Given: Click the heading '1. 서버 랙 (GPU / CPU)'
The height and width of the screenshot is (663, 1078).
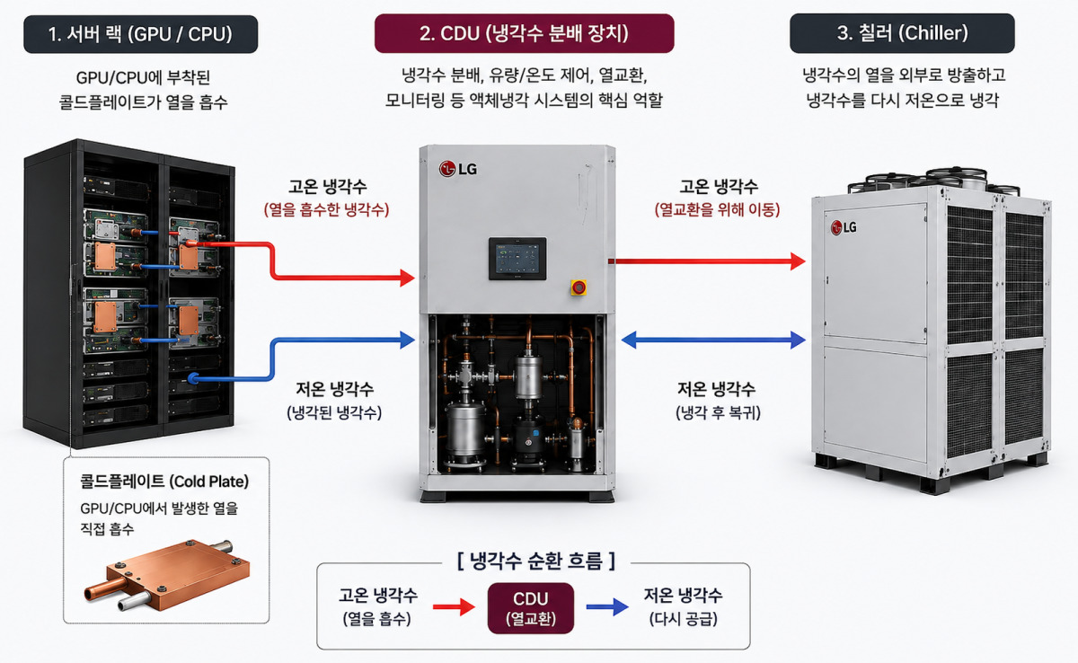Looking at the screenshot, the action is [140, 34].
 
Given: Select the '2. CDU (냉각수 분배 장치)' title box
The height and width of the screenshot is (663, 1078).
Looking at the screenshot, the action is [524, 33].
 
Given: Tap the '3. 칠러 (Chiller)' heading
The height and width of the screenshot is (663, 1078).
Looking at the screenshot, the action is [902, 33].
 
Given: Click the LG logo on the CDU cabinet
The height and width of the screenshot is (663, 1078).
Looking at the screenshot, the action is [457, 169].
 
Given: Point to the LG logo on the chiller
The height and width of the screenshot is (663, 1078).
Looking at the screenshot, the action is [844, 227].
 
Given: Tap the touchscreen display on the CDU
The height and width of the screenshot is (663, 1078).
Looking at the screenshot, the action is [517, 259].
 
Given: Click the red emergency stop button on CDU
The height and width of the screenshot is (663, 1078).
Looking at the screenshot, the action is [579, 287].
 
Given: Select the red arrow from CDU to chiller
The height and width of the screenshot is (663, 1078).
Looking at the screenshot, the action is [707, 261].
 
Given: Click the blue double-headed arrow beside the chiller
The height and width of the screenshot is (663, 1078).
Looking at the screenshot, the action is [713, 340].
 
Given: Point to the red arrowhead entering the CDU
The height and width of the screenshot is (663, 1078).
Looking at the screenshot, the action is [407, 278].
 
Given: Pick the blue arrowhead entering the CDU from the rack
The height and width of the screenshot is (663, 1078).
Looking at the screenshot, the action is [407, 340].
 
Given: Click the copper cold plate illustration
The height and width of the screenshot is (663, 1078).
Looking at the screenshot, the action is [166, 576].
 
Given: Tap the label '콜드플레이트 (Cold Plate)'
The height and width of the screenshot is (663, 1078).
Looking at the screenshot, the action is [164, 482].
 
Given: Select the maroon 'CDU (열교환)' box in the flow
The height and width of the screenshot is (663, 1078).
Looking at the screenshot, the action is [530, 608].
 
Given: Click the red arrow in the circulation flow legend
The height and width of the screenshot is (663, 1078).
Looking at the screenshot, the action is [454, 607].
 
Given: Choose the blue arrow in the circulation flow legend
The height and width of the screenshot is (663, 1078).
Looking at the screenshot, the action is [607, 607].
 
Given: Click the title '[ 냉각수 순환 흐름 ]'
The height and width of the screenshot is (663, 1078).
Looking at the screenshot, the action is [536, 561].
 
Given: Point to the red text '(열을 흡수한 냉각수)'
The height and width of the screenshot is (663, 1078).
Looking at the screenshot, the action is [326, 209].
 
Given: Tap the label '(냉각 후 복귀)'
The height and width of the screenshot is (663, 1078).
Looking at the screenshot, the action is [718, 412].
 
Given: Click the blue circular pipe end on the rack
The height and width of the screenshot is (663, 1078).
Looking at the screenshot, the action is [193, 378].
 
